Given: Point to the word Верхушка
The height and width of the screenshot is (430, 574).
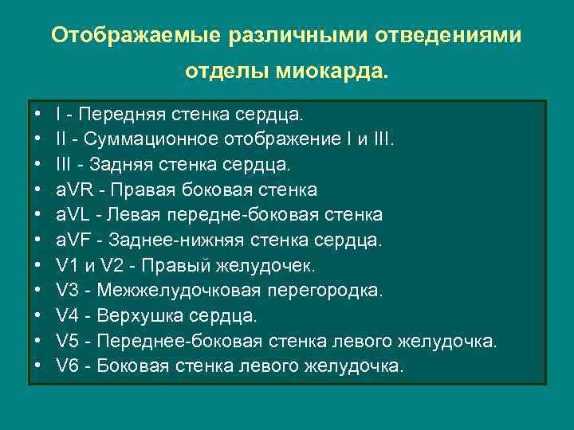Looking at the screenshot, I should (x=135, y=316).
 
